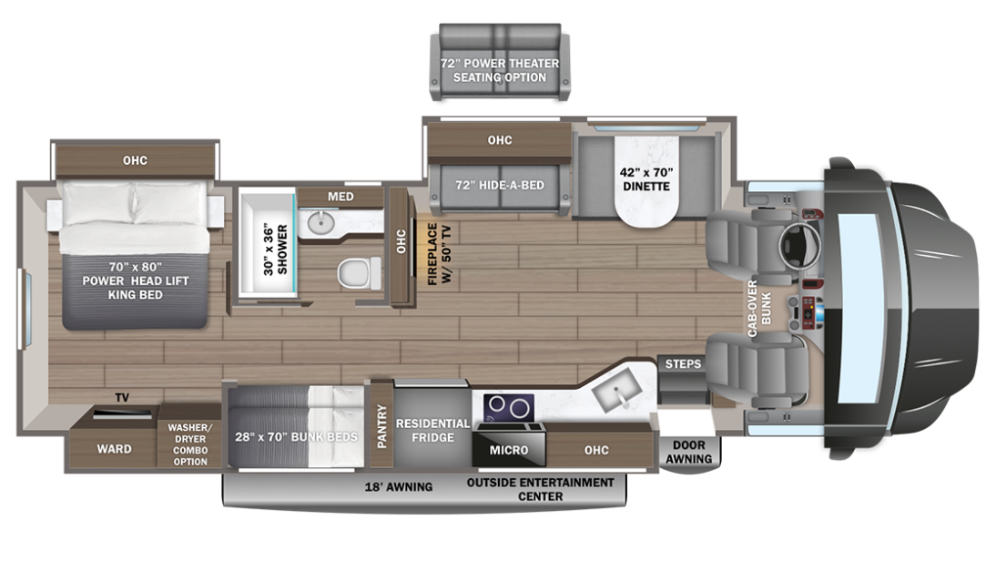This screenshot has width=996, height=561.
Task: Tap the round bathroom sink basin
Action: [320, 222]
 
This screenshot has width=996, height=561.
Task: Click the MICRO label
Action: [508, 449]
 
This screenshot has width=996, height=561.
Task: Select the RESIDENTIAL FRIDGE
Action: [432, 430]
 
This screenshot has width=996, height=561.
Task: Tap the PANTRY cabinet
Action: [381, 423]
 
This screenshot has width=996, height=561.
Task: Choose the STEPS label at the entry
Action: [683, 364]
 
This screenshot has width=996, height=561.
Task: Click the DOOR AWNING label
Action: [688, 452]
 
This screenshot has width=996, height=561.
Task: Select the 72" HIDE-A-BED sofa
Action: [499, 185]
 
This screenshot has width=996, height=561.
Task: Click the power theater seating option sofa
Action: [498, 70]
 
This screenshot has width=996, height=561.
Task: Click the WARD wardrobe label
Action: [114, 448]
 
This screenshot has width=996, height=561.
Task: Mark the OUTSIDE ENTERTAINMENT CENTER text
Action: [542, 489]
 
